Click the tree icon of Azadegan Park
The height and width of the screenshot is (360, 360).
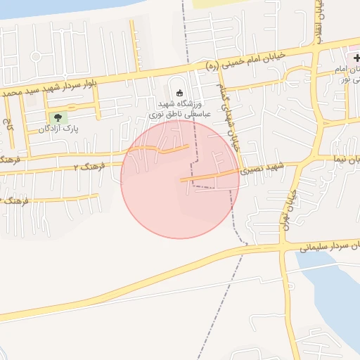click(x=57, y=117)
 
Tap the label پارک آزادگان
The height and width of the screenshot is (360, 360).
click(x=57, y=129)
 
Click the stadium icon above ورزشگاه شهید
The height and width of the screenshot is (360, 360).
click(x=179, y=93)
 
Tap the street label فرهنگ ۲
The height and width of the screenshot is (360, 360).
click(x=89, y=167)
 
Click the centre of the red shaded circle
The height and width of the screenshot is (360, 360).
click(x=180, y=180)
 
